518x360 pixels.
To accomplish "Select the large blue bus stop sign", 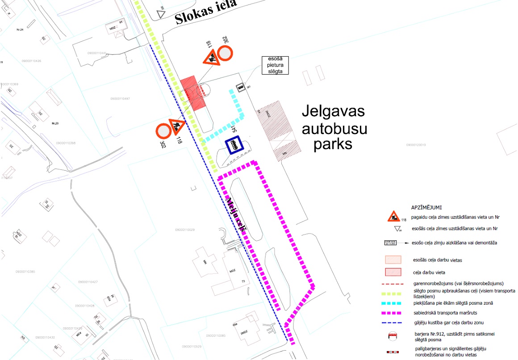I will tap(234, 145).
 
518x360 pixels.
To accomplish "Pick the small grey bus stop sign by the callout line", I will tap(240, 88).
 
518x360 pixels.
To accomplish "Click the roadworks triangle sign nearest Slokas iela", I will tap(210, 58).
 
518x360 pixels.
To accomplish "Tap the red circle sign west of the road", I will tap(163, 131).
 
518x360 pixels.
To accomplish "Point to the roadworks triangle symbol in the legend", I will tap(393, 217).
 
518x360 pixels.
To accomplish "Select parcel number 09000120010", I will tap(416, 145).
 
